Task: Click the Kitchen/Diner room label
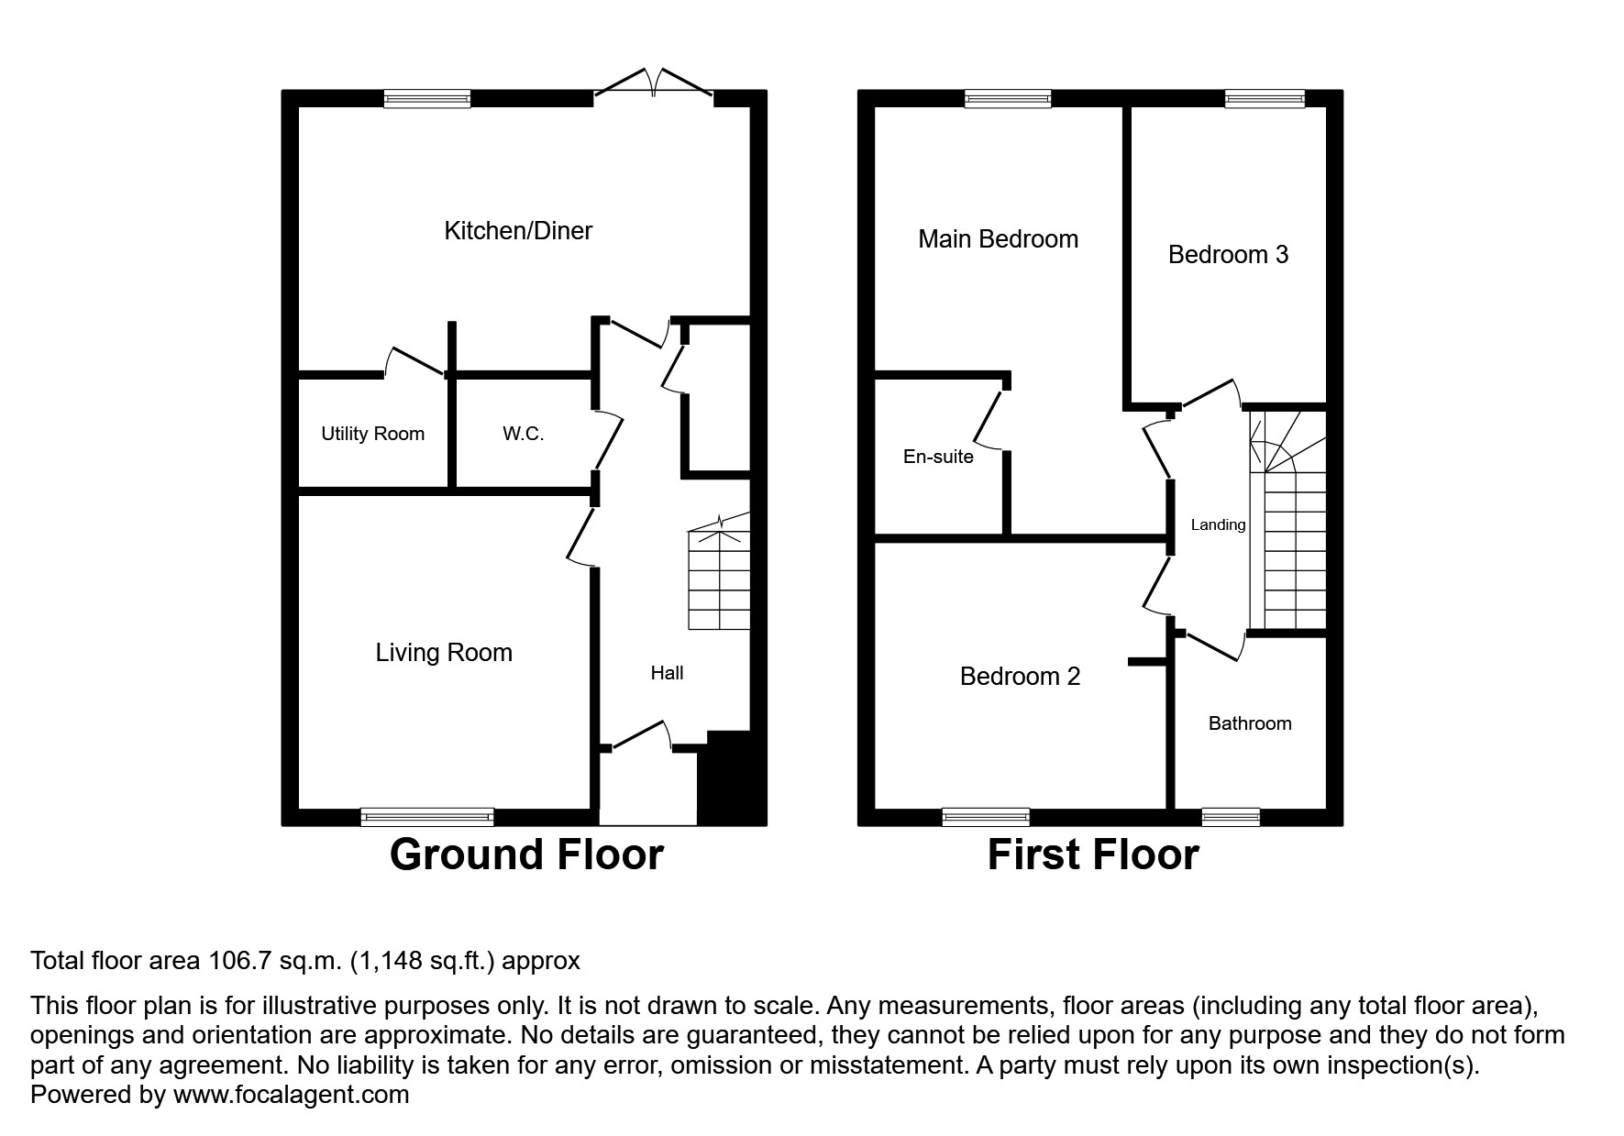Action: [x=518, y=231]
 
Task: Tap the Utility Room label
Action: [x=372, y=435]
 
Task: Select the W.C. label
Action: [x=523, y=435]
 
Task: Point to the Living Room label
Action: [x=444, y=653]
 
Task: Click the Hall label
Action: [x=667, y=674]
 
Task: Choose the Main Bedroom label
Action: [x=998, y=240]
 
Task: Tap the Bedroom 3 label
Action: [x=1228, y=255]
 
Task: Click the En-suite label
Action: [x=938, y=458]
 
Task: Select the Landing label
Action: [x=1218, y=525]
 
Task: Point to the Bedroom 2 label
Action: [x=1020, y=677]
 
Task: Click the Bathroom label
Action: [x=1249, y=724]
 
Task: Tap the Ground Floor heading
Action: [x=526, y=855]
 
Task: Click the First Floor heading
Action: [x=1092, y=855]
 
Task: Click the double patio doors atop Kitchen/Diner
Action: [x=653, y=85]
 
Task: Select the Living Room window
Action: [x=427, y=816]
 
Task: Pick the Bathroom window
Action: [x=1231, y=816]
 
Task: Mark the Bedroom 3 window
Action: [x=1265, y=99]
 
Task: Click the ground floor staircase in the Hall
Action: [x=720, y=578]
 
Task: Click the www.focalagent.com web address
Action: [x=291, y=1095]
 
